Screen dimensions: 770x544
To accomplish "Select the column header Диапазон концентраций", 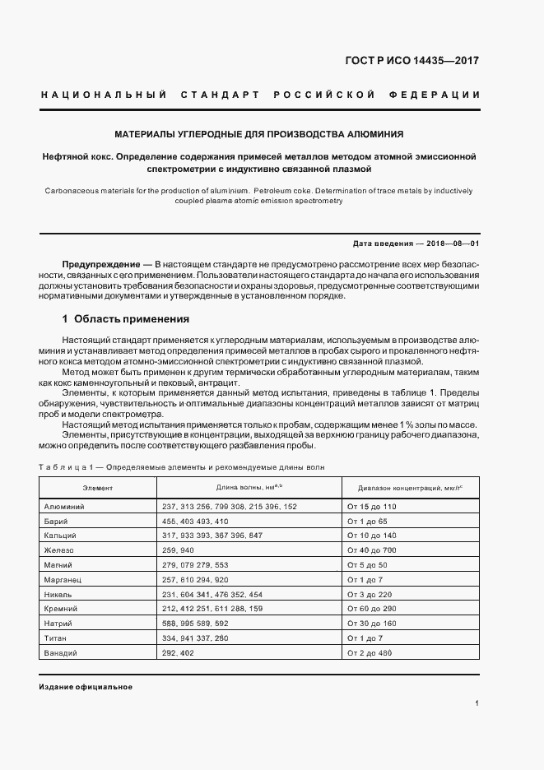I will point(404,488).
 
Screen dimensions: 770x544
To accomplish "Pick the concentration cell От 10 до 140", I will point(372,536).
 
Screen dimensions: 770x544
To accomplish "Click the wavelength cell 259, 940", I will point(179,550).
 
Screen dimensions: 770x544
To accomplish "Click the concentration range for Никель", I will point(371,594).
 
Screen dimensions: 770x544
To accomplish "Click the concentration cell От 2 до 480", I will point(370,653).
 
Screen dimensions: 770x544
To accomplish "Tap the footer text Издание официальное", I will point(86,687).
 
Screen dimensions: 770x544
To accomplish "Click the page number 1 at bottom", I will point(477,703).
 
